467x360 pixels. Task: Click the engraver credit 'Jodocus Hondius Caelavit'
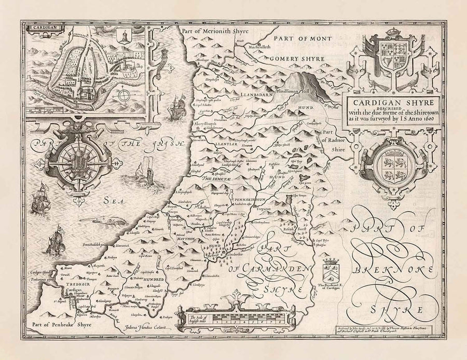click(x=147, y=328)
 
